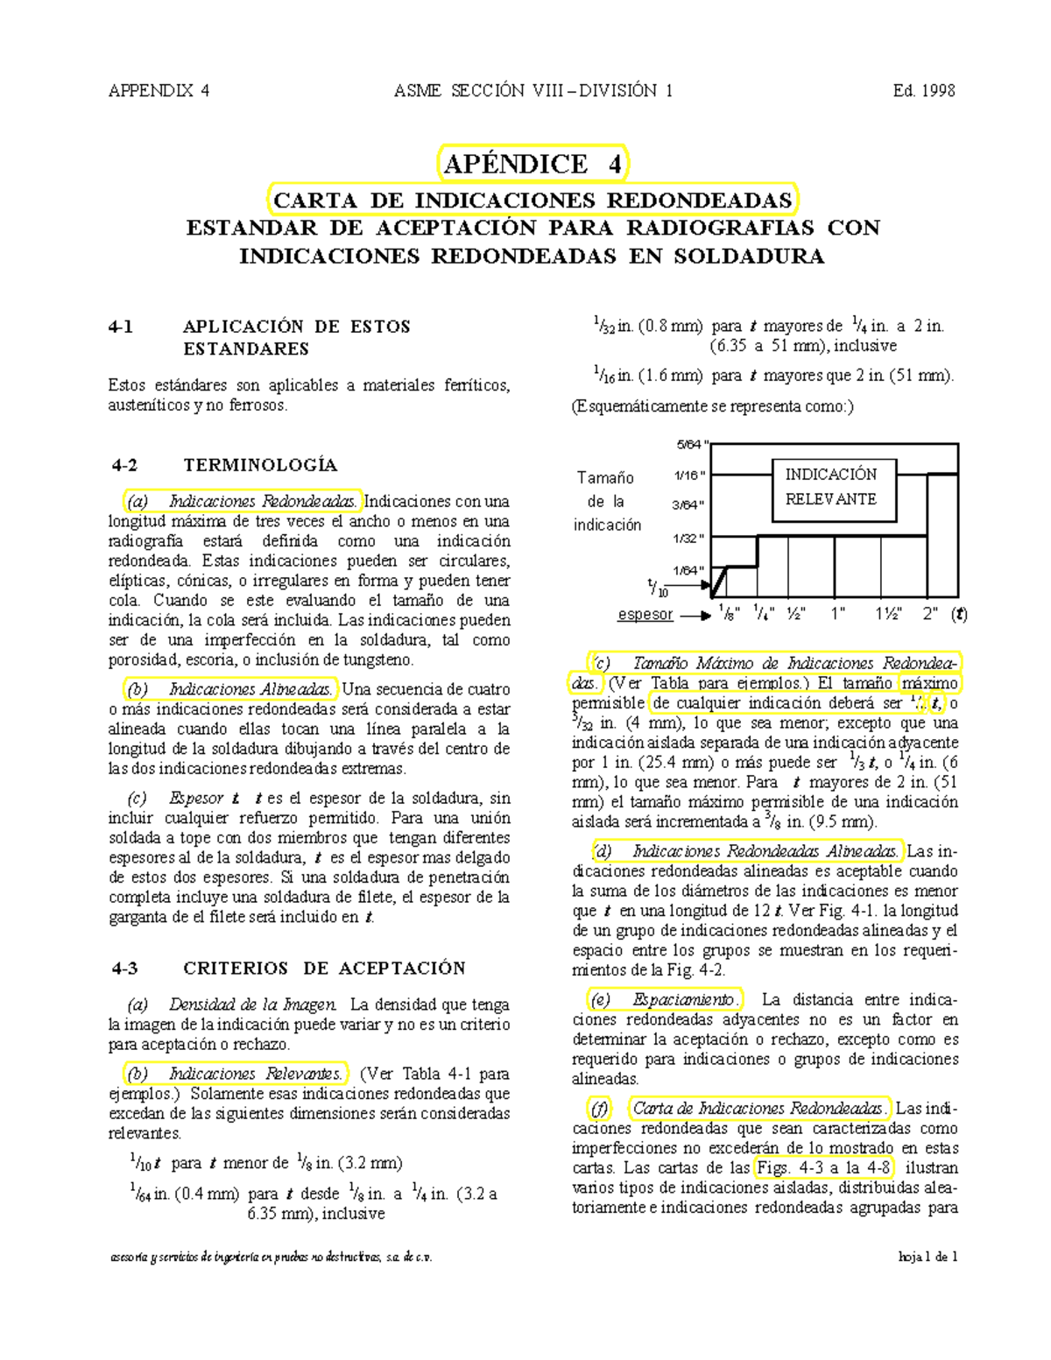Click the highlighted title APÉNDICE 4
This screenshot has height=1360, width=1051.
pos(533,164)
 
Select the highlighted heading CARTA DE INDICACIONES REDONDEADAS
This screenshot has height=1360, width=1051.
pos(533,201)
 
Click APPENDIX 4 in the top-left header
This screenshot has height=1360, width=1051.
pos(159,90)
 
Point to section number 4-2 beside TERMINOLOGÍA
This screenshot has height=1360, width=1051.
pos(125,465)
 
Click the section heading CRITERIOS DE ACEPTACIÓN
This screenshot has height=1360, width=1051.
pos(324,969)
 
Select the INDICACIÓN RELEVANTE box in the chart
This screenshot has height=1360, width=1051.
pos(830,487)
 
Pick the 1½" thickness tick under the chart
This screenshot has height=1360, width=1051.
pos(887,614)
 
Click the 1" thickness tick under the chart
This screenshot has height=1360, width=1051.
pos(837,614)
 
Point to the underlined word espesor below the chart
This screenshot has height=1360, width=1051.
pos(645,615)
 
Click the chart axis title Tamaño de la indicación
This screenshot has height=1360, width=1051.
pos(606,501)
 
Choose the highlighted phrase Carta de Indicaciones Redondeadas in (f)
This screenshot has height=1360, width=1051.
pos(758,1109)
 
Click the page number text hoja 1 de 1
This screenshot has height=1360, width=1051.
pos(928,1258)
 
